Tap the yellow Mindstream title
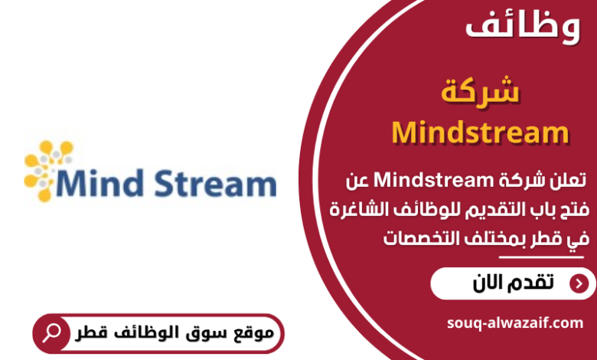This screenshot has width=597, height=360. coord(480,133)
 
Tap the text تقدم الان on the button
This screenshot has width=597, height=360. coord(514,283)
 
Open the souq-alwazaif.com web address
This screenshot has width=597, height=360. coord(514,323)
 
